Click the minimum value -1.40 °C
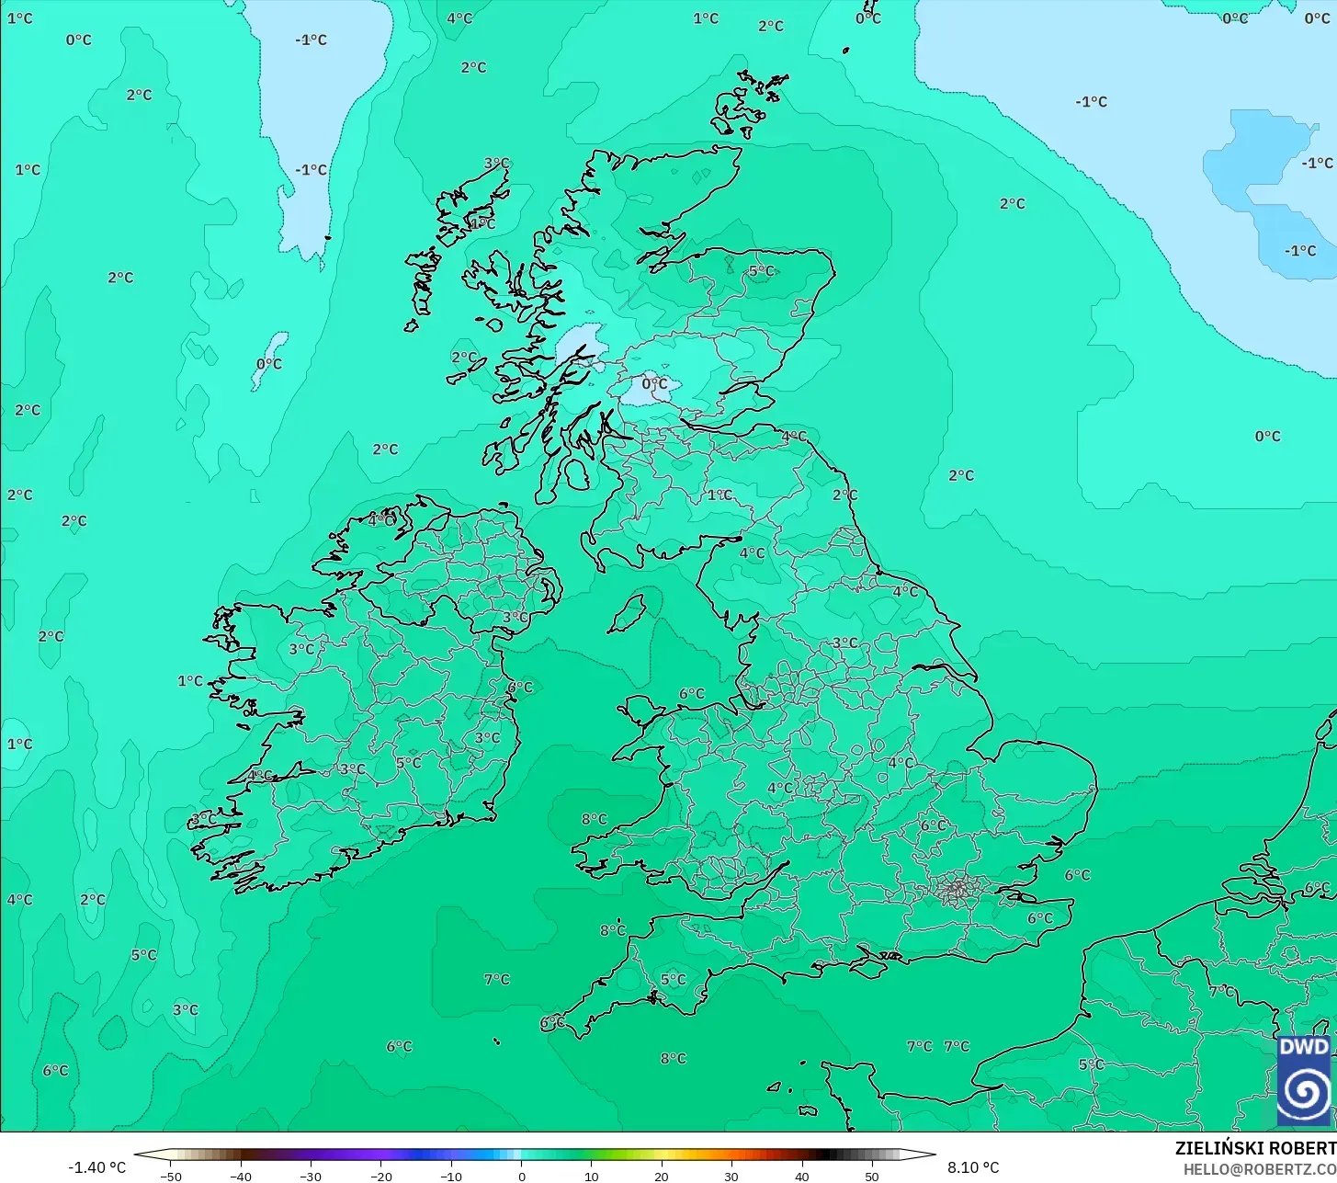coord(96,1167)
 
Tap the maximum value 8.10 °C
coord(973,1167)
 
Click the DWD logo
coord(1303,1081)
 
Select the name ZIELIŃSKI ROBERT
coord(1255,1148)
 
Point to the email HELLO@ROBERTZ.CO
coord(1259,1169)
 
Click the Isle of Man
coord(629,613)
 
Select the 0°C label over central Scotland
coord(654,384)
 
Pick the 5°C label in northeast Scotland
coord(761,271)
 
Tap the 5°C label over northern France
coord(1091,1064)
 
